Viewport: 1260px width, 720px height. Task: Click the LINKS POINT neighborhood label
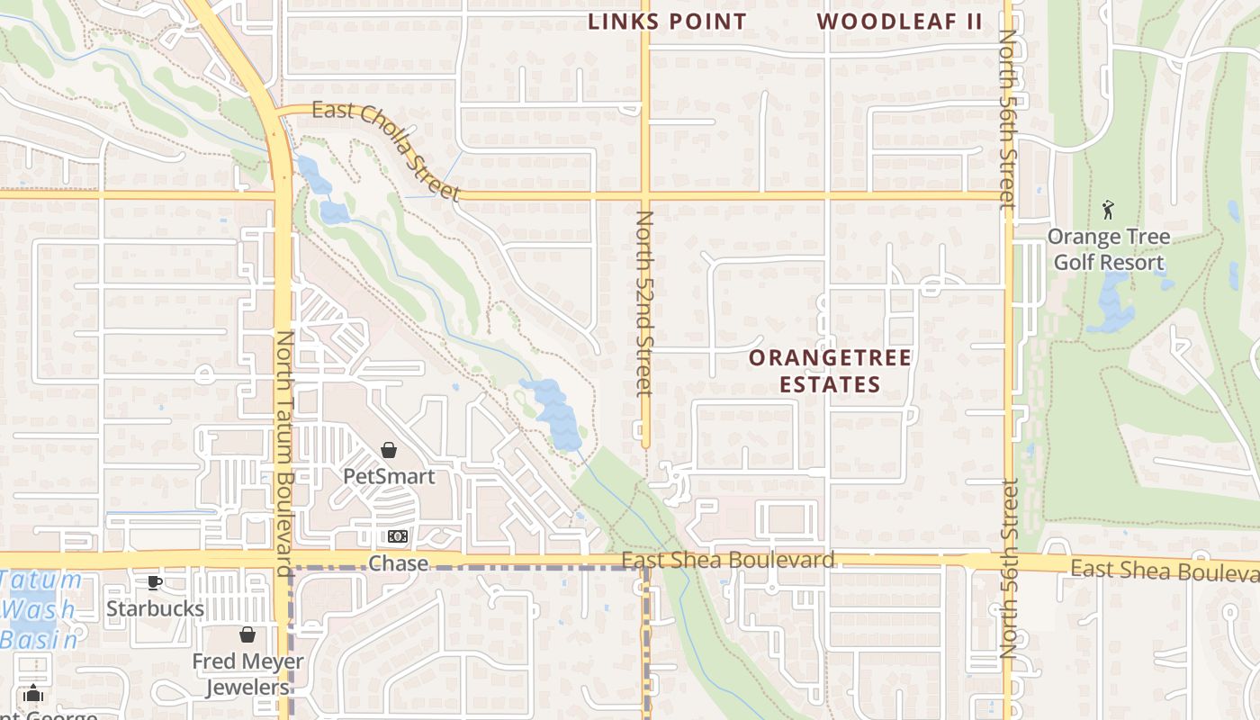pyautogui.click(x=667, y=22)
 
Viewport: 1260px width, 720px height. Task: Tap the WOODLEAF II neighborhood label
pyautogui.click(x=900, y=22)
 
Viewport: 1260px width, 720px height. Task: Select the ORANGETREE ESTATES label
pyautogui.click(x=830, y=371)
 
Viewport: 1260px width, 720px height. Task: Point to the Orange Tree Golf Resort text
pyautogui.click(x=1109, y=249)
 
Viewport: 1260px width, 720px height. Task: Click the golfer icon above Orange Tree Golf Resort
pyautogui.click(x=1108, y=211)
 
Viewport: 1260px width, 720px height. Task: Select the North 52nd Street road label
pyautogui.click(x=643, y=303)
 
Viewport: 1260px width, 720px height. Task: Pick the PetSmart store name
pyautogui.click(x=389, y=476)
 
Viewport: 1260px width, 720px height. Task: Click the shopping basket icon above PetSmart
pyautogui.click(x=389, y=450)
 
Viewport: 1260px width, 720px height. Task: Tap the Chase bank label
pyautogui.click(x=398, y=563)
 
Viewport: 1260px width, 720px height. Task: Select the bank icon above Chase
pyautogui.click(x=398, y=537)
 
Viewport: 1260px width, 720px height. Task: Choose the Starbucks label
pyautogui.click(x=155, y=608)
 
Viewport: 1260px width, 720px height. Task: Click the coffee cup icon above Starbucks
pyautogui.click(x=155, y=582)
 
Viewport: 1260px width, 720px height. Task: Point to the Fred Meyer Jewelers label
pyautogui.click(x=247, y=674)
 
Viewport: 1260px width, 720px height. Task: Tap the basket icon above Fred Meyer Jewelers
pyautogui.click(x=247, y=635)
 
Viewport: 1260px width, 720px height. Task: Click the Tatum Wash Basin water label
pyautogui.click(x=40, y=609)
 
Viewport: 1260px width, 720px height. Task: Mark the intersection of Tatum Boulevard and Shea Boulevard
pyautogui.click(x=283, y=560)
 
